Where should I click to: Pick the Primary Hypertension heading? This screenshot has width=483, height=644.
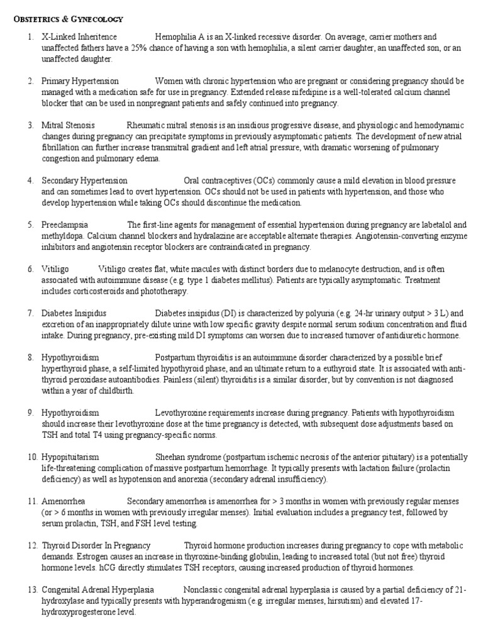pyautogui.click(x=80, y=82)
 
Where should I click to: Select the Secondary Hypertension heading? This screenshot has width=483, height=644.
pyautogui.click(x=84, y=181)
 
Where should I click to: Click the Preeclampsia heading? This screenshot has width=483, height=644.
pyautogui.click(x=65, y=225)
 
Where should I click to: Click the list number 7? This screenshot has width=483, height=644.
pyautogui.click(x=30, y=313)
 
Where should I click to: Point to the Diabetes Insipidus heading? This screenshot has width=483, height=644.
pyautogui.click(x=74, y=313)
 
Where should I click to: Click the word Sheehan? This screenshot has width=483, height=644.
pyautogui.click(x=170, y=457)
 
